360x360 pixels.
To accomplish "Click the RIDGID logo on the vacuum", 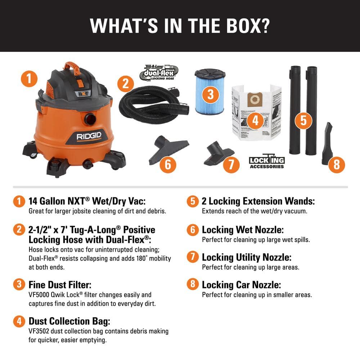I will (x=89, y=136).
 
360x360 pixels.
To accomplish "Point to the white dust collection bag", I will (x=256, y=112).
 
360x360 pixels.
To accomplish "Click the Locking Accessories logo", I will (x=267, y=162).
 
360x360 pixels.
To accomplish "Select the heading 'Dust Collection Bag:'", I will (x=69, y=321).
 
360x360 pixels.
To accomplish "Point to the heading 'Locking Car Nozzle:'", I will (x=241, y=285).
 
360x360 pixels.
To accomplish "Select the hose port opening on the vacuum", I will (x=90, y=118).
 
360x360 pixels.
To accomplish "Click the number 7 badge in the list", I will (x=193, y=257).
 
